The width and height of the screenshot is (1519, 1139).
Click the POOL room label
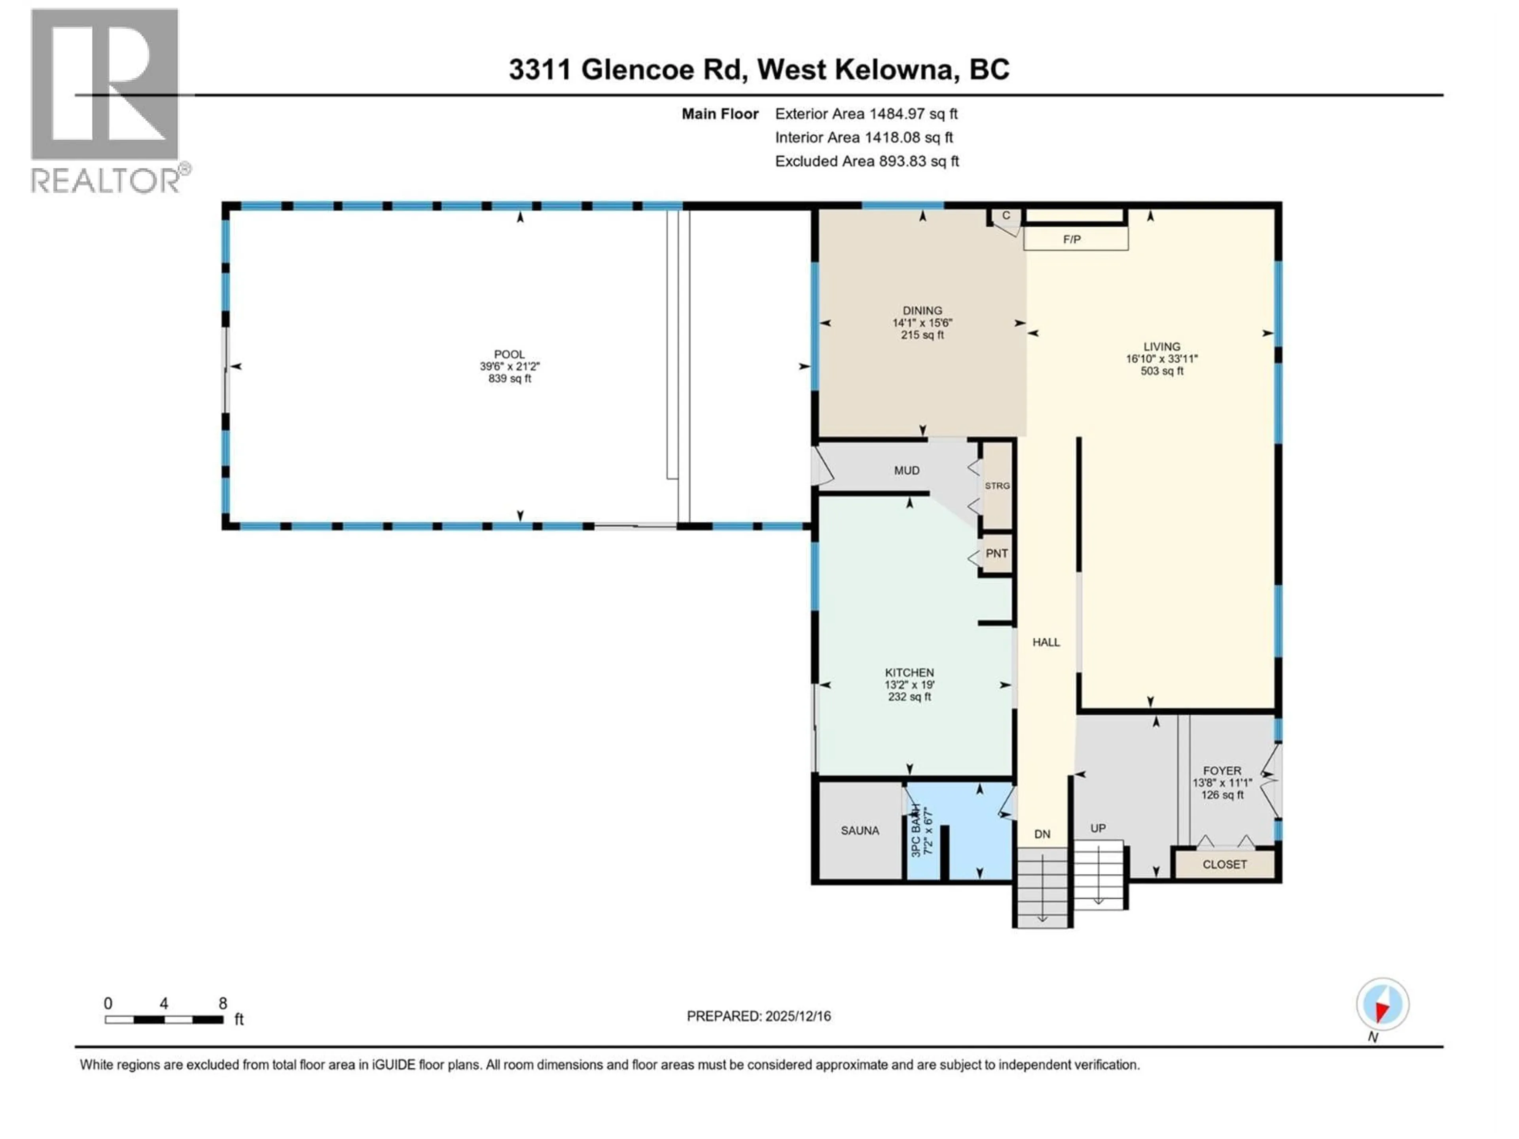click(x=509, y=354)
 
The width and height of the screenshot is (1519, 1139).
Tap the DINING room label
click(x=922, y=310)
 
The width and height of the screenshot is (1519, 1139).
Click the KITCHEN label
click(x=909, y=673)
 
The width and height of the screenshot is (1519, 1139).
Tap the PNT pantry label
click(x=996, y=553)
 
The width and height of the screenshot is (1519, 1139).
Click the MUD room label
click(x=907, y=470)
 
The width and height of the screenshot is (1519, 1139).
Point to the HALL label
click(x=1046, y=642)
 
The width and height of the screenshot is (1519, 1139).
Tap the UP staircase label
click(x=1098, y=828)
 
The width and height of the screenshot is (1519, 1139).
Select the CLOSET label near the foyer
click(x=1224, y=865)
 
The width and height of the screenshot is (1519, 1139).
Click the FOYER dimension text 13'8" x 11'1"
click(x=1222, y=783)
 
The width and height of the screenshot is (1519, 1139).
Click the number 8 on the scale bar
click(x=222, y=1003)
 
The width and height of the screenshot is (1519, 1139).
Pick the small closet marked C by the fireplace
click(x=1006, y=216)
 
